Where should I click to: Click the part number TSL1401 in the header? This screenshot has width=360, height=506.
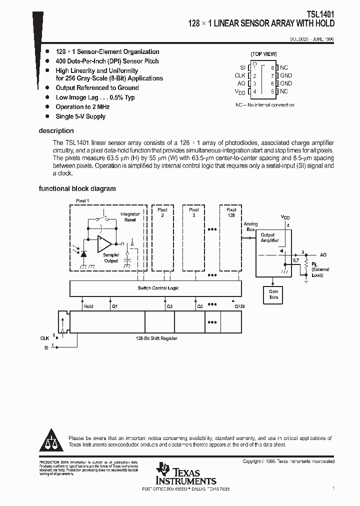(321, 15)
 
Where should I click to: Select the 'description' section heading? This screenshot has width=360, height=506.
(56, 131)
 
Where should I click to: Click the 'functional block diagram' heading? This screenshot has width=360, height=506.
(77, 189)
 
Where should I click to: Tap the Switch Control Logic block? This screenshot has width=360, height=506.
(157, 288)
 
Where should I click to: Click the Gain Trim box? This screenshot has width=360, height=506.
(273, 294)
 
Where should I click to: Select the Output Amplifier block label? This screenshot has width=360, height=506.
(269, 237)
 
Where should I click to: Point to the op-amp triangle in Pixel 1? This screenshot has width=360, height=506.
(105, 244)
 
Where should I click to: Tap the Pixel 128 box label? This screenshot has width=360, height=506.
(231, 212)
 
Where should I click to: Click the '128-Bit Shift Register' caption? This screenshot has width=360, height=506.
(156, 338)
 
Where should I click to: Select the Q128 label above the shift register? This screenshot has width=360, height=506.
(239, 306)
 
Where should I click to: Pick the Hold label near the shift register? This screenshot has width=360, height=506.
(88, 306)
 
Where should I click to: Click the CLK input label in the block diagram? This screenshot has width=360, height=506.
(44, 338)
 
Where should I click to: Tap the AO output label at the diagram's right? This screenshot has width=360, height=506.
(323, 255)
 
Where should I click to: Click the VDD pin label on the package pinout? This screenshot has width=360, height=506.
(240, 92)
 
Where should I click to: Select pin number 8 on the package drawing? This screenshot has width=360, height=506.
(272, 67)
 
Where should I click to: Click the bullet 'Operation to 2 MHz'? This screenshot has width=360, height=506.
(82, 107)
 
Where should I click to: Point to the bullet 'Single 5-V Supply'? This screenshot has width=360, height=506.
(80, 116)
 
